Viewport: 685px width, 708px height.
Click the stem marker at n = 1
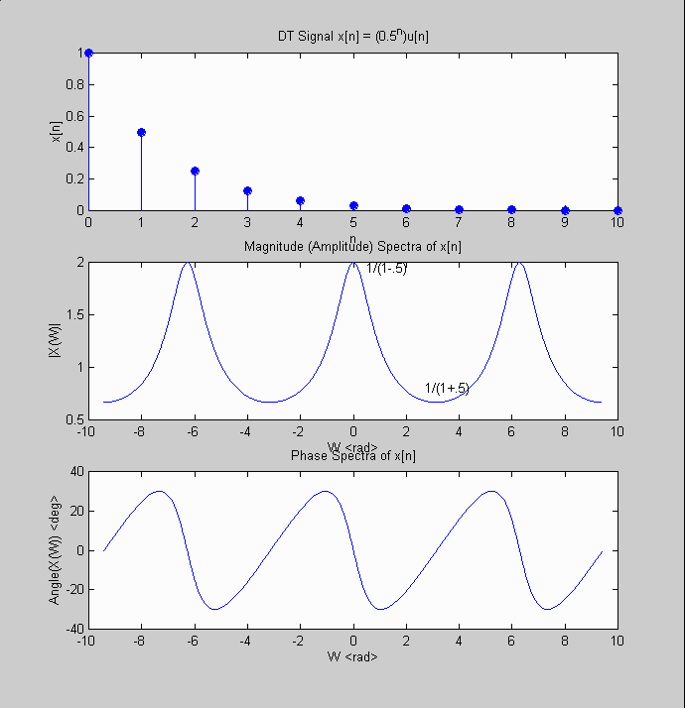(141, 132)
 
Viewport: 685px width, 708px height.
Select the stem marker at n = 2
(195, 171)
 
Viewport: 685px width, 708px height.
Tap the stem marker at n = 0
(88, 53)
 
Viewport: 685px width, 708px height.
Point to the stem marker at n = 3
(247, 190)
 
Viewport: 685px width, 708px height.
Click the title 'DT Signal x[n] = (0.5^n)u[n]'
(353, 37)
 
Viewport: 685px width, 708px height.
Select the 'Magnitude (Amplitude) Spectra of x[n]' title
(353, 246)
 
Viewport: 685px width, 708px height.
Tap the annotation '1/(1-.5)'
(386, 268)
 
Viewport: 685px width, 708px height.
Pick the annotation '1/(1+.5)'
(447, 388)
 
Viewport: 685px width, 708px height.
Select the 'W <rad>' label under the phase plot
(353, 656)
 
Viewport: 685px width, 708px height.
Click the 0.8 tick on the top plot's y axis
(73, 84)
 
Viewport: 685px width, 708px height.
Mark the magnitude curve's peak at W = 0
(353, 263)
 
